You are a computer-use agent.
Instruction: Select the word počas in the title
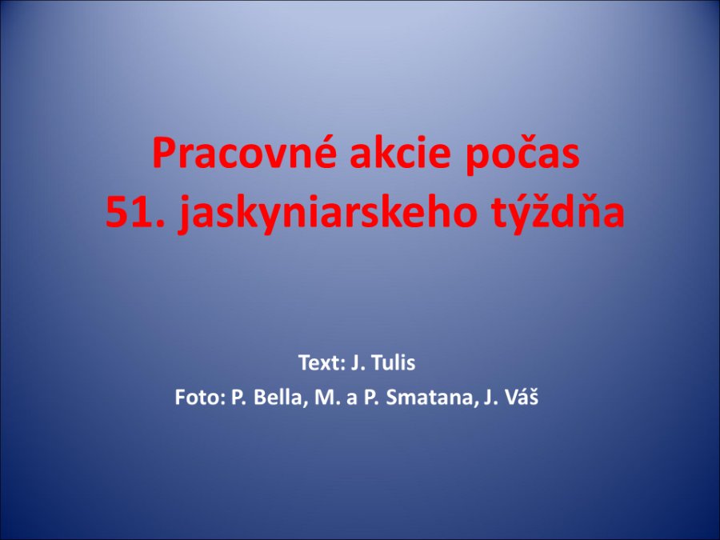tap(522, 154)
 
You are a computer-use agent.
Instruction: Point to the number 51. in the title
tap(135, 212)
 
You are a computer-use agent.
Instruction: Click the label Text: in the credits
tap(322, 362)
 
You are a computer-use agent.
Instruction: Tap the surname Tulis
tap(393, 362)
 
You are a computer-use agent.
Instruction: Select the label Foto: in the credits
tap(200, 397)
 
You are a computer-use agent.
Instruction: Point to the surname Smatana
tap(430, 398)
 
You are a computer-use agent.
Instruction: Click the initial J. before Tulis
tap(358, 362)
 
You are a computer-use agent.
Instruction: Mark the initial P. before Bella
tap(239, 398)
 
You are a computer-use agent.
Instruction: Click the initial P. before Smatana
tap(371, 398)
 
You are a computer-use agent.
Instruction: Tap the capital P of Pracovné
tap(164, 153)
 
